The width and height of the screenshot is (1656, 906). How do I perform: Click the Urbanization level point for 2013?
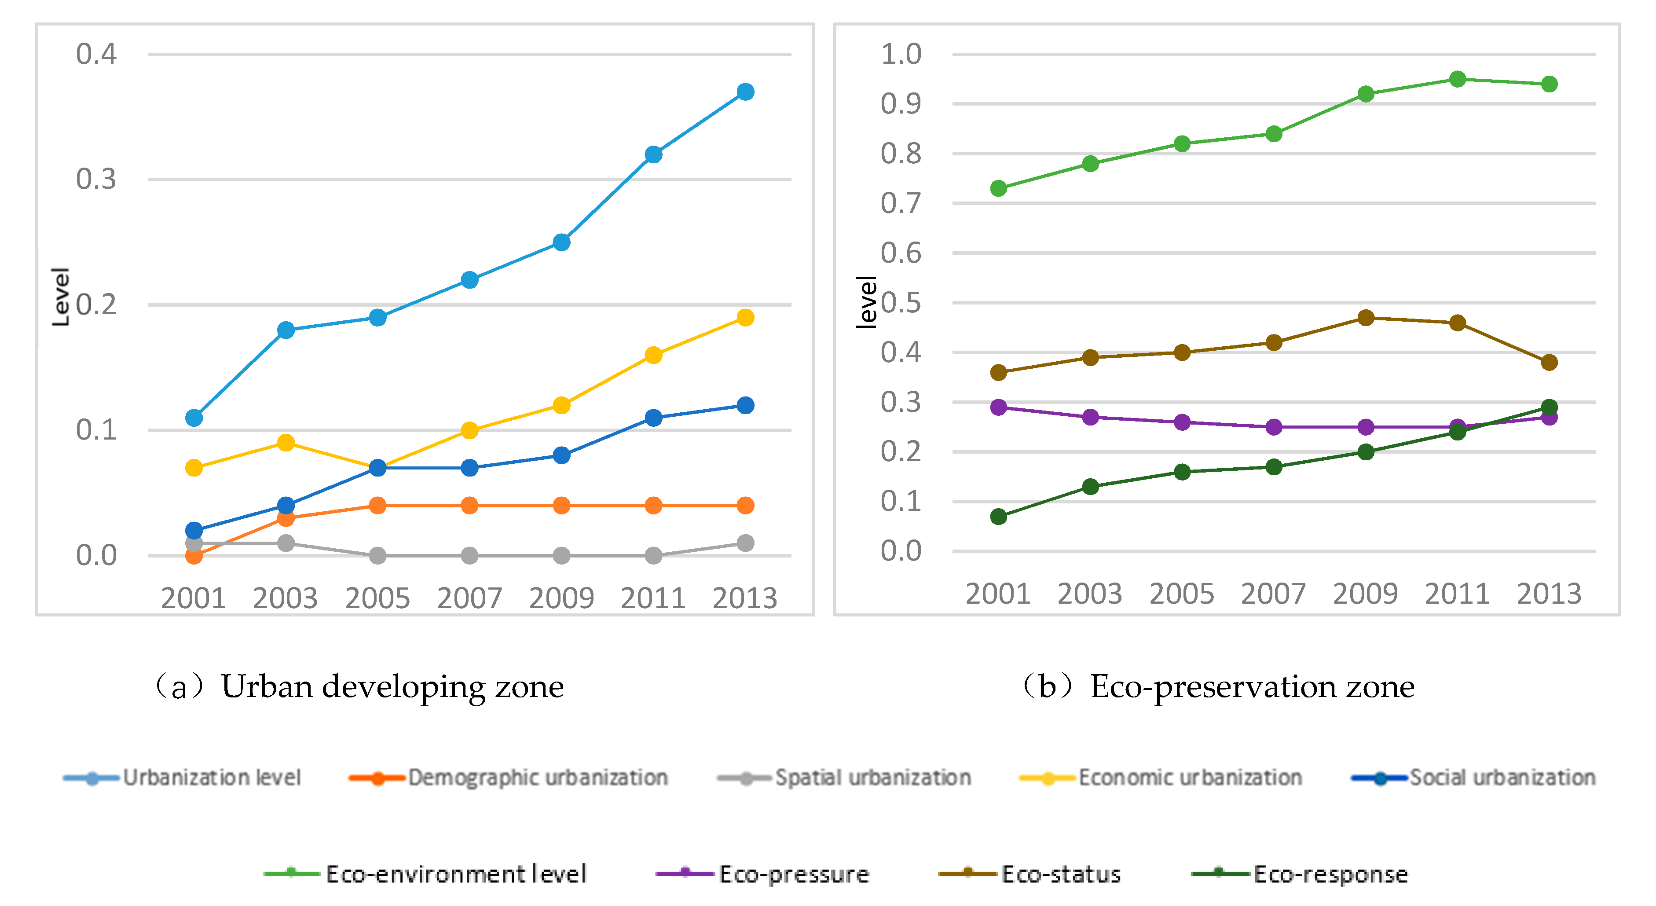pyautogui.click(x=745, y=92)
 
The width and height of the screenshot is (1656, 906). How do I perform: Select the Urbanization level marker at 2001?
pyautogui.click(x=194, y=418)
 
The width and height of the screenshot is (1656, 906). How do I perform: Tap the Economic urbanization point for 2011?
pyautogui.click(x=653, y=355)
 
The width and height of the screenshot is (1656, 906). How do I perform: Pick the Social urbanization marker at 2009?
pyautogui.click(x=561, y=455)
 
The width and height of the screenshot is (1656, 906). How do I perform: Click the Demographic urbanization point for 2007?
pyautogui.click(x=469, y=506)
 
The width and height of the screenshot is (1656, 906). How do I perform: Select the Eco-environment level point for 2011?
pyautogui.click(x=1457, y=79)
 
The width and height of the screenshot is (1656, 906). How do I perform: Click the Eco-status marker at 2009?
pyautogui.click(x=1366, y=318)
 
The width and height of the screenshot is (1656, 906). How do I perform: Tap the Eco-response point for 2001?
pyautogui.click(x=998, y=516)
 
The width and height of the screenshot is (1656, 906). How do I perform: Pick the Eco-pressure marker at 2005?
pyautogui.click(x=1182, y=422)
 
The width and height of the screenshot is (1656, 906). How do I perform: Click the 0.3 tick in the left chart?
pyautogui.click(x=96, y=180)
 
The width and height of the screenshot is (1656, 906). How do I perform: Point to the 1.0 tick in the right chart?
pyautogui.click(x=901, y=54)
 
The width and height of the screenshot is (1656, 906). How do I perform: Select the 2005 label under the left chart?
pyautogui.click(x=377, y=598)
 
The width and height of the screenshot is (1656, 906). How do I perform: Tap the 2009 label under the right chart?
pyautogui.click(x=1366, y=594)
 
